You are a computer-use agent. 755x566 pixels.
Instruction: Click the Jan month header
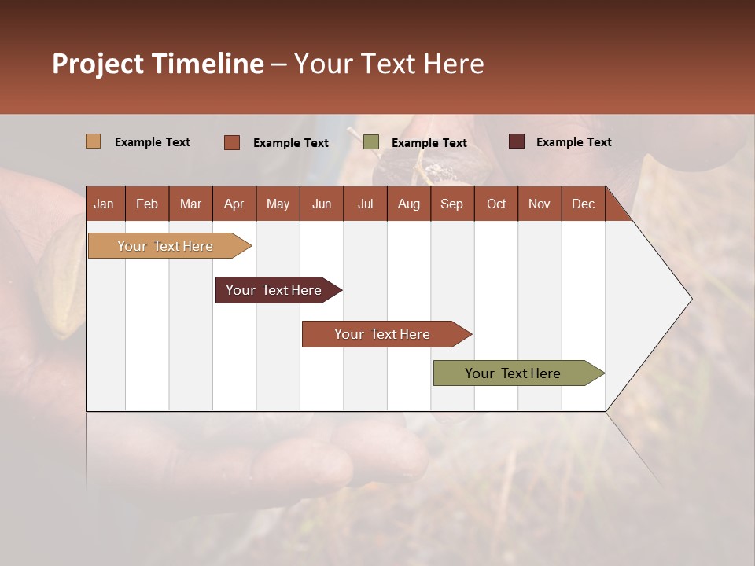(x=104, y=204)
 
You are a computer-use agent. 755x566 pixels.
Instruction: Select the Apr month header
(x=234, y=204)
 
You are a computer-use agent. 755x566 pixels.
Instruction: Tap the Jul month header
(x=365, y=204)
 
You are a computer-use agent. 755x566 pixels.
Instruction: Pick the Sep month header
(x=451, y=204)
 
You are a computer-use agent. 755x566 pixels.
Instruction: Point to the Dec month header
(x=583, y=204)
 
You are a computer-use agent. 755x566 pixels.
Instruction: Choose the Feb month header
(x=147, y=204)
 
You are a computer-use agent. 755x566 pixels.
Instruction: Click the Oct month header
(x=496, y=204)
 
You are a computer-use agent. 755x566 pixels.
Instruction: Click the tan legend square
(x=93, y=141)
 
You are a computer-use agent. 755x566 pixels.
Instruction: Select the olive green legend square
(x=371, y=142)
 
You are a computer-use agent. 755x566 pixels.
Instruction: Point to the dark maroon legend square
(x=516, y=141)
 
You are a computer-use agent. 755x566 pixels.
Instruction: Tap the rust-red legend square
(x=232, y=142)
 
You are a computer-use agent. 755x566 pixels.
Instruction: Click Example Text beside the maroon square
(x=573, y=142)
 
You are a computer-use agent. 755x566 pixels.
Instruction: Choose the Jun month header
(x=322, y=204)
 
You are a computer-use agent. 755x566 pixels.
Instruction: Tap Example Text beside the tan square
(x=153, y=142)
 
